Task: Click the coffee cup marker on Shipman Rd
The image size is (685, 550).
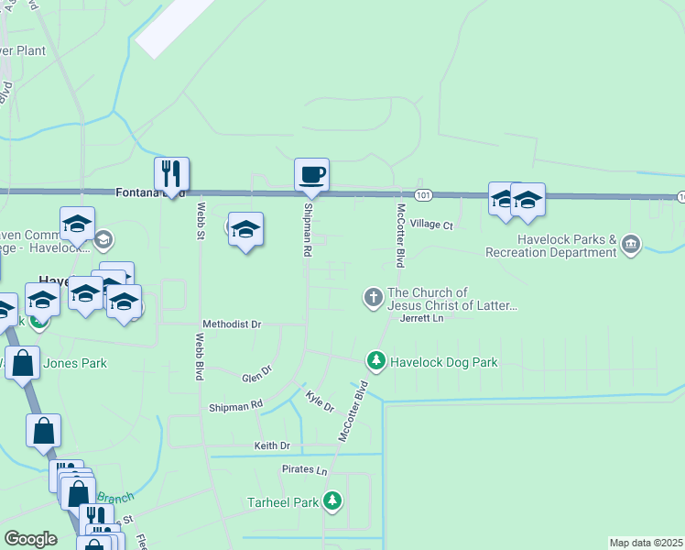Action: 311,174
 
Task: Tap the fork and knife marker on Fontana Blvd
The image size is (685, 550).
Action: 171,173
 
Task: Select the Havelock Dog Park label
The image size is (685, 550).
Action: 444,362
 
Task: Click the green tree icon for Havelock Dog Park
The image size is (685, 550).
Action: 375,361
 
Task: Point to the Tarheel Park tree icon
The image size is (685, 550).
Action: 333,501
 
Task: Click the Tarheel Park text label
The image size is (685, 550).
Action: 282,502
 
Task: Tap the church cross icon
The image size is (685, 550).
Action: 373,297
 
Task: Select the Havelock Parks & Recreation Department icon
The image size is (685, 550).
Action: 631,245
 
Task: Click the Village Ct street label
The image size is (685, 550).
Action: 431,225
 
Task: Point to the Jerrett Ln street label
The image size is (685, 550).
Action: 421,318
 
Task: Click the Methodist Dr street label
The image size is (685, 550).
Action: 232,324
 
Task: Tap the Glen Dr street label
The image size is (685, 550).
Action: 257,375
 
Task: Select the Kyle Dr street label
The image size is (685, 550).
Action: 320,401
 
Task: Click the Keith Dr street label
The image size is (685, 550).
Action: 271,445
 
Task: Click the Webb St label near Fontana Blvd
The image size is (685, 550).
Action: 200,220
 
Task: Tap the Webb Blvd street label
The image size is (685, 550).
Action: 199,357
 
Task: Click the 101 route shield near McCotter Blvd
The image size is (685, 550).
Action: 422,195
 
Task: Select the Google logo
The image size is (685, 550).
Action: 30,539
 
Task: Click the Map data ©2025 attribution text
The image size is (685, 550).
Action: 645,543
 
